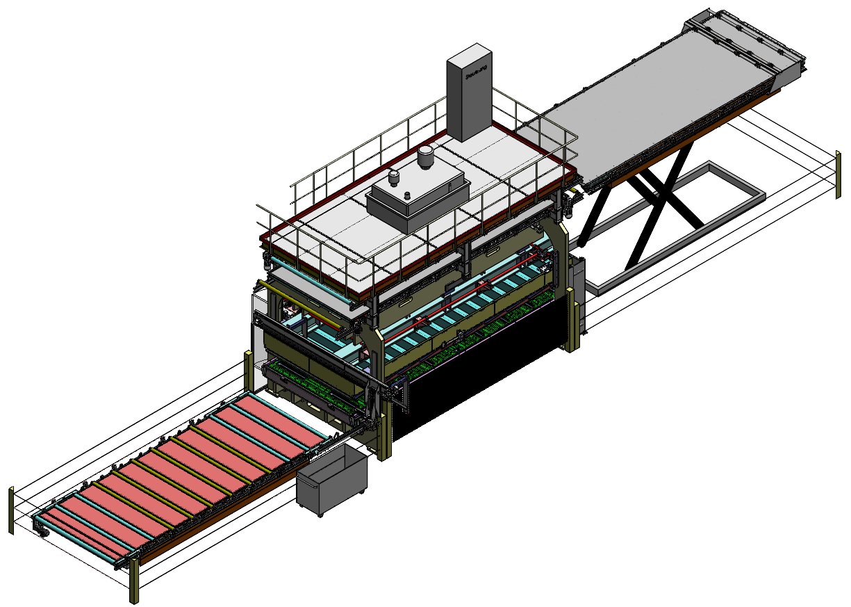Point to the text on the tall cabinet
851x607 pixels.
[476, 72]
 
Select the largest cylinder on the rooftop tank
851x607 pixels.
[425, 158]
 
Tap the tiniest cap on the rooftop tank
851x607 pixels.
[406, 194]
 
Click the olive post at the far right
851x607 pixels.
[838, 174]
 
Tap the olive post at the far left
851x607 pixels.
[11, 511]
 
